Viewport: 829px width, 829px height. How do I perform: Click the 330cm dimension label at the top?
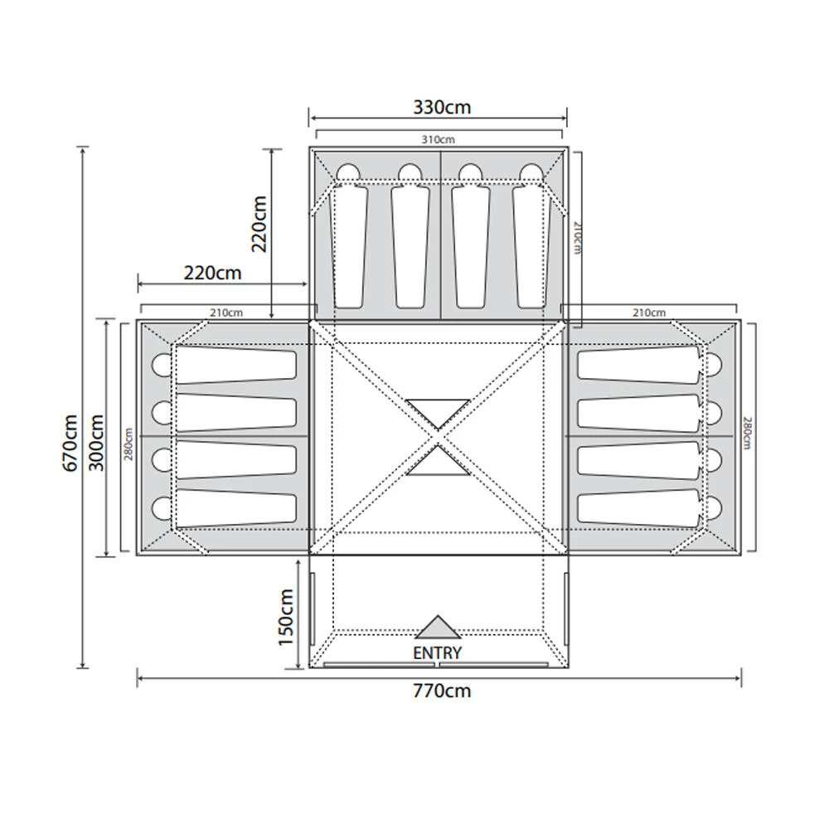coord(442,107)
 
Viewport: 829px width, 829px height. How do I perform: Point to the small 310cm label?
coord(438,139)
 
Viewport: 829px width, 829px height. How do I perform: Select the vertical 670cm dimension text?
coord(70,443)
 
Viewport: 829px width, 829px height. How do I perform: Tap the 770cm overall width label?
coord(442,691)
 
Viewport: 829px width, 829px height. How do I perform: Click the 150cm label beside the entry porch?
coord(285,617)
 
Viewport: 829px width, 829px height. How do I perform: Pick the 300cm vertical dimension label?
coord(96,443)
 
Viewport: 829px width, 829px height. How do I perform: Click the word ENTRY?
coord(437,653)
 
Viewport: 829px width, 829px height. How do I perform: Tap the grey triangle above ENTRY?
coord(438,628)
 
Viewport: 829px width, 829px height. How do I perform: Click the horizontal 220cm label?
coord(212,273)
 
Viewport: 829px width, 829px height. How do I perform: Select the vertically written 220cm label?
coord(259,224)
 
